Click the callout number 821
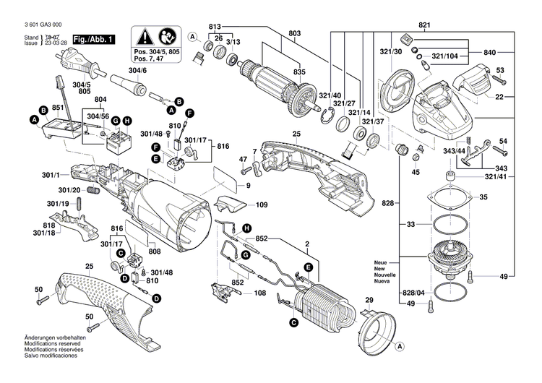423,25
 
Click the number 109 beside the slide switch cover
262,205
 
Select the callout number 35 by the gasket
483,197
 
